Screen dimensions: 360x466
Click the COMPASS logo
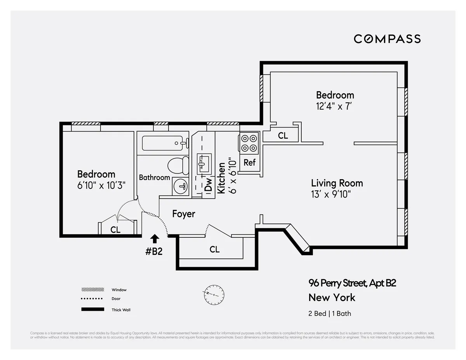point(387,39)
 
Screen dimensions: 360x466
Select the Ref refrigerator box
point(249,163)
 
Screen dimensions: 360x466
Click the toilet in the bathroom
point(178,166)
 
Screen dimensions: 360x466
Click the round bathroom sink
point(180,186)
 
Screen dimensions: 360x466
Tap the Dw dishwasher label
point(209,185)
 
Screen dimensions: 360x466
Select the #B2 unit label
point(154,251)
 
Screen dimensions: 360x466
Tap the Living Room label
point(337,183)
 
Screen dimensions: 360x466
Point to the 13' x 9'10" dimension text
point(331,194)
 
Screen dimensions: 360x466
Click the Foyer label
point(183,214)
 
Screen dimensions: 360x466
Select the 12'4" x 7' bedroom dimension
point(334,106)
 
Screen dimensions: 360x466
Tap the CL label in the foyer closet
point(214,249)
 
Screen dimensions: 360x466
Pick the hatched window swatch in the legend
point(92,290)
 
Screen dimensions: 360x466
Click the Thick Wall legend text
point(121,310)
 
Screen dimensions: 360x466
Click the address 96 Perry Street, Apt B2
point(352,283)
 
